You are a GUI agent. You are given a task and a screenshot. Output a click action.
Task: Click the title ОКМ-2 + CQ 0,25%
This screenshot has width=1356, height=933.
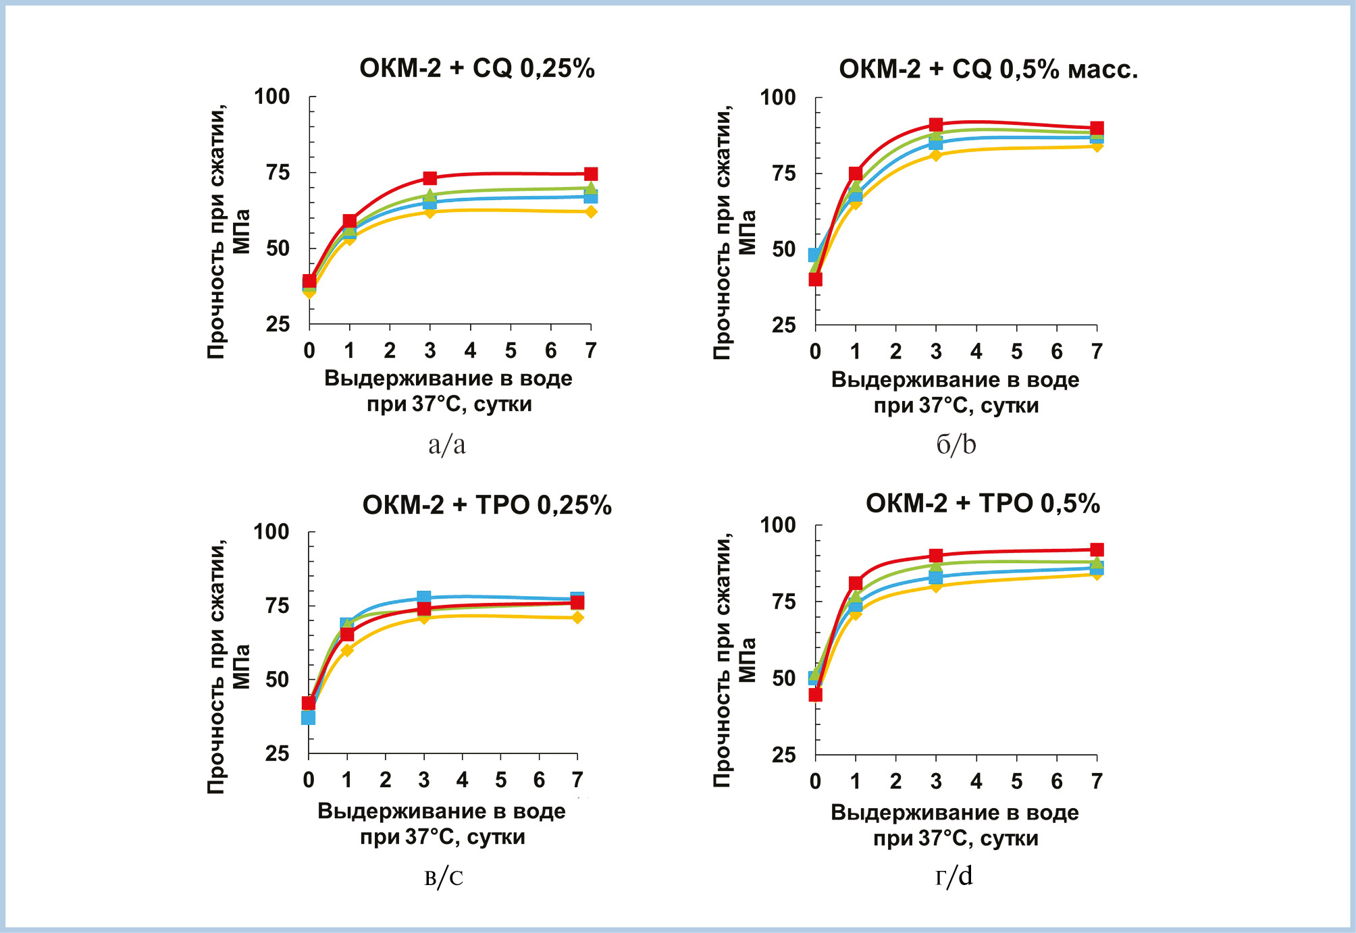click(477, 68)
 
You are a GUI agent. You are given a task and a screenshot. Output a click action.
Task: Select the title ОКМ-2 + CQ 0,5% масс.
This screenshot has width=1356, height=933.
click(988, 69)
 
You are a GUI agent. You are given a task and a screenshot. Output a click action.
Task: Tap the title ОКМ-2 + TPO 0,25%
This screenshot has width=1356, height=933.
click(487, 505)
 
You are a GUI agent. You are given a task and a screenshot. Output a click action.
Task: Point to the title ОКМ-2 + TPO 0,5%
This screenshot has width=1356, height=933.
click(983, 504)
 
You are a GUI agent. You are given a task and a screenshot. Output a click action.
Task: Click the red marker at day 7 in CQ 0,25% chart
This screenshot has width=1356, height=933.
click(591, 174)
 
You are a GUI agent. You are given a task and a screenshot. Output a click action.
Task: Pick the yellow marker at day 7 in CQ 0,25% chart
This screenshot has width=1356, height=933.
click(591, 212)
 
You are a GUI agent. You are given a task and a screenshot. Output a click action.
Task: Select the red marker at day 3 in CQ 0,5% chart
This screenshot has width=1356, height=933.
click(936, 125)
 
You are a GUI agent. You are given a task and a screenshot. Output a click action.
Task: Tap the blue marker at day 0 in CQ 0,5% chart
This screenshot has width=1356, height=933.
click(815, 255)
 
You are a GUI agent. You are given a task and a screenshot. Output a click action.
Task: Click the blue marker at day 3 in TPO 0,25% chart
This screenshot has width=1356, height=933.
click(424, 597)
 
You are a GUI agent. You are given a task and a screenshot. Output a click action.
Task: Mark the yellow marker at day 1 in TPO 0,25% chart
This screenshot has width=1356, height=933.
click(347, 650)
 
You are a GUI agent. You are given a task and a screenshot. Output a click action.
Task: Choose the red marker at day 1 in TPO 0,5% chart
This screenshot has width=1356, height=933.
click(856, 583)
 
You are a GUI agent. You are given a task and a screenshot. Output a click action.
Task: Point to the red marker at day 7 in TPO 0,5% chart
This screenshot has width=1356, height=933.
click(1097, 550)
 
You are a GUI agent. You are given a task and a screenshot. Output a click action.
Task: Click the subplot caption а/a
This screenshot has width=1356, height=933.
click(447, 445)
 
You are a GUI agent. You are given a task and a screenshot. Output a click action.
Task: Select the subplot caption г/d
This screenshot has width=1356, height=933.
click(954, 876)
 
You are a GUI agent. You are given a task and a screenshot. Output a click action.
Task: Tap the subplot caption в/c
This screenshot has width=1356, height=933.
click(444, 877)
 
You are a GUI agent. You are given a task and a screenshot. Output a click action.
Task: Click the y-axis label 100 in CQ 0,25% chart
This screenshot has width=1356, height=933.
click(271, 97)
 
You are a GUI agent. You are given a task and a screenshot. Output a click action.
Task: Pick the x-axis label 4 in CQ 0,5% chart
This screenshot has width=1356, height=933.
click(976, 352)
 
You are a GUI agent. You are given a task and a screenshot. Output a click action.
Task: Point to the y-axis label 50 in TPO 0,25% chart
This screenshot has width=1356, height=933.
click(277, 679)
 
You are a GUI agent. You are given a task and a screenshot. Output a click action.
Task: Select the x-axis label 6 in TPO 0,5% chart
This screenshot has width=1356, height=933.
click(1057, 781)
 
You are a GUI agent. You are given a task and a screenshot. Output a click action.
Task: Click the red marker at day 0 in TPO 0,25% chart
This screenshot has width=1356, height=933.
click(309, 703)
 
